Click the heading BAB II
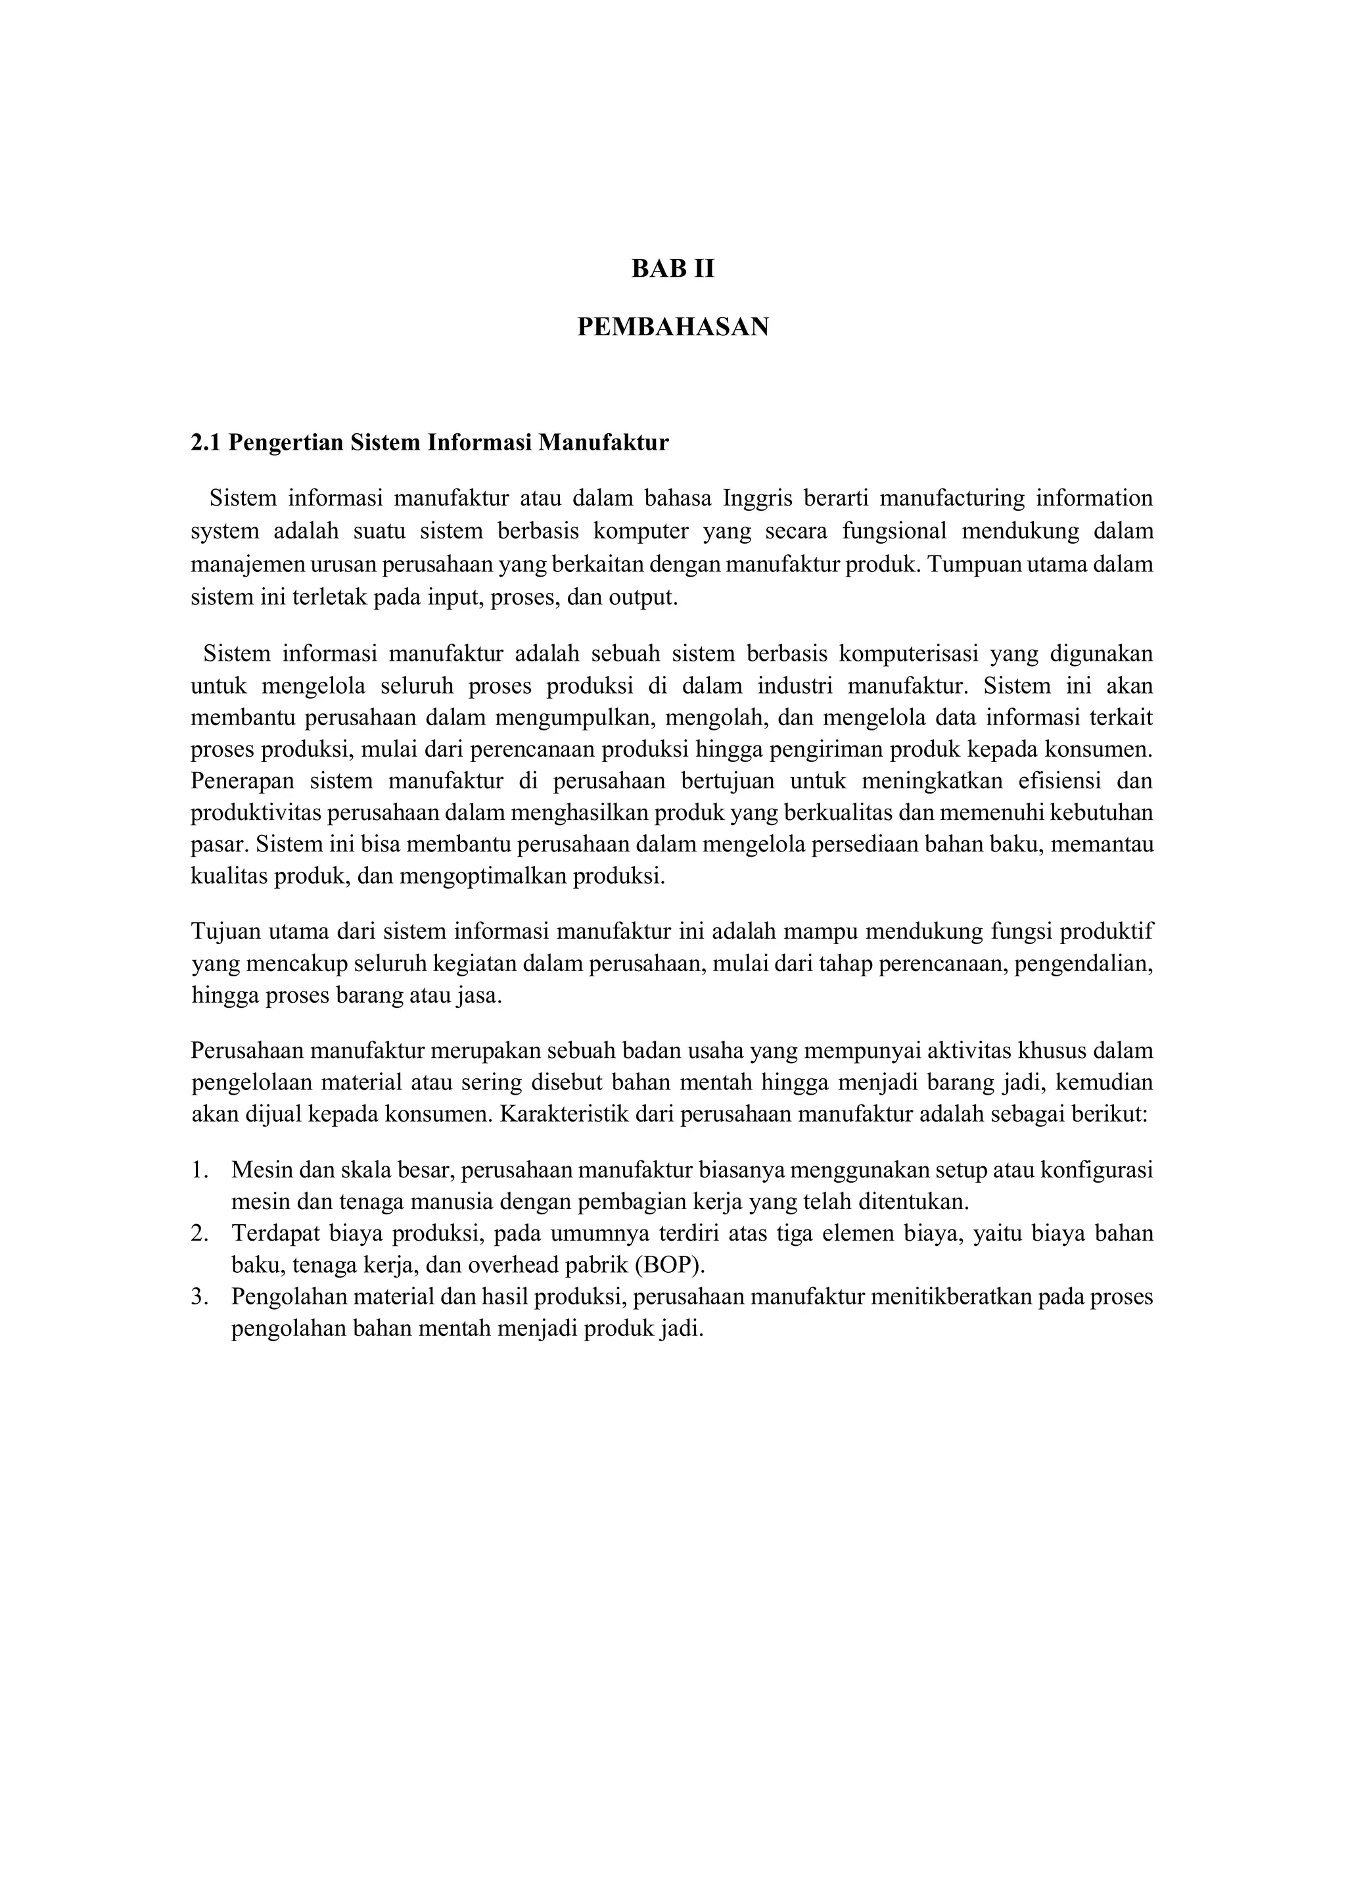click(x=672, y=270)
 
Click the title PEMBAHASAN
click(x=672, y=327)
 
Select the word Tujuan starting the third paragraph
click(x=225, y=932)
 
